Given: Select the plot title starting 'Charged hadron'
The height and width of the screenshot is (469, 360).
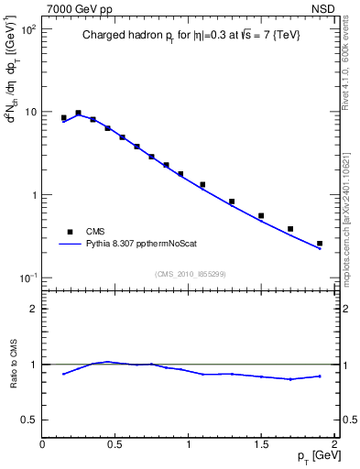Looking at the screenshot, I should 189,37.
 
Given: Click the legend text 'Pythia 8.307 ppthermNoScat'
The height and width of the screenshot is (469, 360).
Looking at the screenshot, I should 140,245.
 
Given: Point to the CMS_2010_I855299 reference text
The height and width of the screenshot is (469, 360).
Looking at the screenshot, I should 190,274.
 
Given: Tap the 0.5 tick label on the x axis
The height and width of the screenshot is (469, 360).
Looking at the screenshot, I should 115,444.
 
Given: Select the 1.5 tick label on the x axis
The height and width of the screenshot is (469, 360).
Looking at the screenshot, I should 261,444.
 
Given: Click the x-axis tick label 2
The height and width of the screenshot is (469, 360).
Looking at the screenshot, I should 334,444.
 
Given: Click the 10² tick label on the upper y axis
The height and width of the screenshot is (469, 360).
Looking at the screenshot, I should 28,29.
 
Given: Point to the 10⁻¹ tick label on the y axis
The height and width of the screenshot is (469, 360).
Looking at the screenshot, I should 28,278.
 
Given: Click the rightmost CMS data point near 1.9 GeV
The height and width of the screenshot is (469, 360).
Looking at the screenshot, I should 320,244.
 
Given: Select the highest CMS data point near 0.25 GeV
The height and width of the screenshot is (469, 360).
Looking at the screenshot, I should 79,114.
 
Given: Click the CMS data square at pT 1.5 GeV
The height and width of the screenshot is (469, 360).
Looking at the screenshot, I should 261,216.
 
